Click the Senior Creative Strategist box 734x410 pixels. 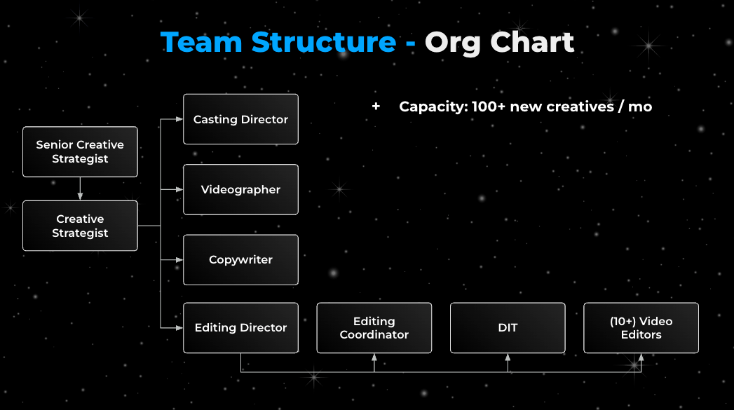80,151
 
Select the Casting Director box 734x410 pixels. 240,119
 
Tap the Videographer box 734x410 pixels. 240,189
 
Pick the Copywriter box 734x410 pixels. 240,259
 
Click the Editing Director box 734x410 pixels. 240,327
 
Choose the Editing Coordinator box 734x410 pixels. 374,327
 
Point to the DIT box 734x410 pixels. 508,327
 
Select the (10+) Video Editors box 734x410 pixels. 641,327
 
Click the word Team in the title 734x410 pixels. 203,43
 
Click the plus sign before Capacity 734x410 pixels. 376,107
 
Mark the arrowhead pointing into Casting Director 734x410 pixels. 179,119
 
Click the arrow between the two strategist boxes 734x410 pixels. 80,189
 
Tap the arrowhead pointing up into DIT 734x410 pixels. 508,357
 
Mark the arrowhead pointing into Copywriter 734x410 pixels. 179,259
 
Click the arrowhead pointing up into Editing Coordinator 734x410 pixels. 374,357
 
